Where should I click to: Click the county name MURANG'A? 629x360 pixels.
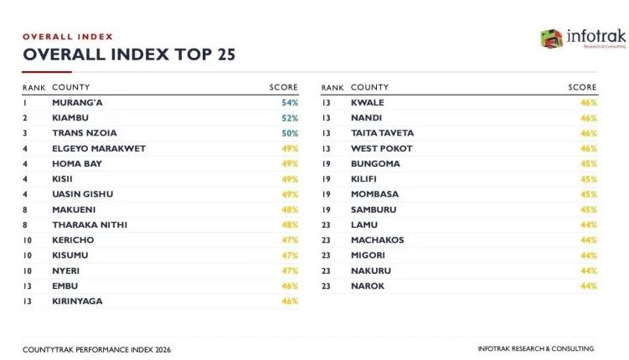tap(77, 103)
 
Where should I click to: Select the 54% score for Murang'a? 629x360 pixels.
tap(290, 103)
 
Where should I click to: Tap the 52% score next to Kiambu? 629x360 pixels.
tap(290, 118)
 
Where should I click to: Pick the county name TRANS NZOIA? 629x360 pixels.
tap(85, 133)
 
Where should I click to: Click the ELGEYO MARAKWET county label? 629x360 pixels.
tap(99, 148)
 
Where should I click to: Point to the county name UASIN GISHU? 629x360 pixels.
tap(83, 194)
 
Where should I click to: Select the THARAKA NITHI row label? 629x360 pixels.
tap(90, 225)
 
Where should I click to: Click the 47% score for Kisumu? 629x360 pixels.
tap(290, 255)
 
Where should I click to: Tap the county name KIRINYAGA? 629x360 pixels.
tap(77, 301)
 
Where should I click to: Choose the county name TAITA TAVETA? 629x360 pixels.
tap(382, 133)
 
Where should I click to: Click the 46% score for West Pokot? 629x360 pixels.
tap(589, 148)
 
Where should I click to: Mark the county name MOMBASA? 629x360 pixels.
tap(374, 194)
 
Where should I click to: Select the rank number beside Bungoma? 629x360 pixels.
tap(326, 164)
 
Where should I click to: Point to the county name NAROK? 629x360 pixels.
tap(368, 285)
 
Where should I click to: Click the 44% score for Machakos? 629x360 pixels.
tap(589, 240)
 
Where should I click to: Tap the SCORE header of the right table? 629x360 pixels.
tap(582, 87)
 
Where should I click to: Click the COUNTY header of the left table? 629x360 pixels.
tap(71, 87)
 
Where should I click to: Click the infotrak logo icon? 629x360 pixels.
tap(552, 39)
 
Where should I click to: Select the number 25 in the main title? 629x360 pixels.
tap(227, 54)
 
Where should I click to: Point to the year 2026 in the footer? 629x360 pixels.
tap(162, 350)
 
